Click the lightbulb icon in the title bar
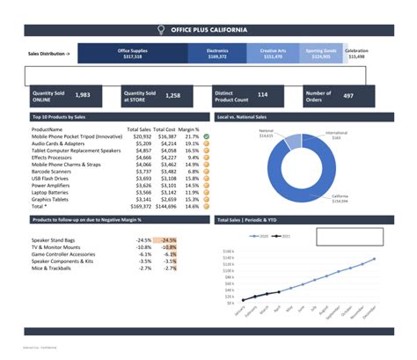160,30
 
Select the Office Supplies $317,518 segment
132,54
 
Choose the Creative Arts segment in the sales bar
278,54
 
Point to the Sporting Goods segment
322,54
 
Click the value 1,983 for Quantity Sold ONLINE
83,95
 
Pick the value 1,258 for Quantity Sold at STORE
173,95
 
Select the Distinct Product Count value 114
262,95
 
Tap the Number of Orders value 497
348,95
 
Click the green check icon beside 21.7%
206,136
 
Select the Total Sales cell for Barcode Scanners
143,171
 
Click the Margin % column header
189,129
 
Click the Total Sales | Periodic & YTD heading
252,219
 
